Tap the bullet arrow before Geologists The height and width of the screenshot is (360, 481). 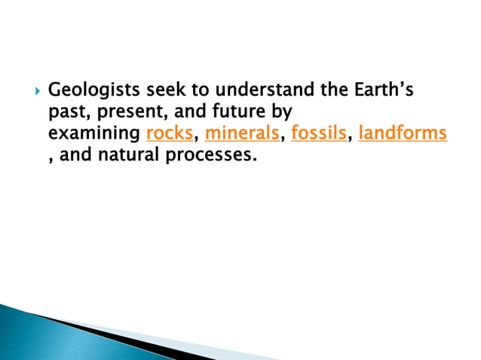31,92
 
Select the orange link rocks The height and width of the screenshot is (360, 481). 169,135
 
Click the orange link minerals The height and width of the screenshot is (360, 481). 241,135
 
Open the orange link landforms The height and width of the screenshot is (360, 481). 403,135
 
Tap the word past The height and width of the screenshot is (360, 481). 66,114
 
